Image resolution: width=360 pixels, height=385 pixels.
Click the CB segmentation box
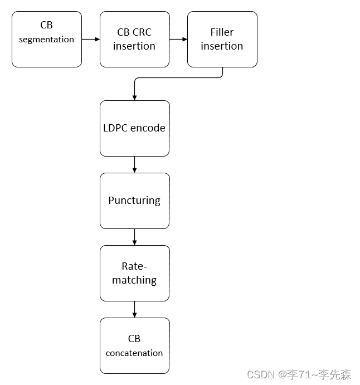click(x=47, y=39)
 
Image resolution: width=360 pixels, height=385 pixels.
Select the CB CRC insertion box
click(x=134, y=39)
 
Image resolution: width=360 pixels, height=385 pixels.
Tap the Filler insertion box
click(x=222, y=39)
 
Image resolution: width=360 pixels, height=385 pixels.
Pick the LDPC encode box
click(x=134, y=128)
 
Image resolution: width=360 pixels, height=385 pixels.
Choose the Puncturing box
click(x=134, y=201)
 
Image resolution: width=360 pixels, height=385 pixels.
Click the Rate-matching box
click(x=134, y=273)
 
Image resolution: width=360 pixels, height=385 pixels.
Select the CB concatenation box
click(x=134, y=345)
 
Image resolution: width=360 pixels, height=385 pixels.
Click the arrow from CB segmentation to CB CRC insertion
click(x=90, y=39)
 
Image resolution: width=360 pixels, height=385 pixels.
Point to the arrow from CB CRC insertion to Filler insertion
click(x=178, y=39)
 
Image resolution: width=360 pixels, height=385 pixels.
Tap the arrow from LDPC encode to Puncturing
click(x=134, y=164)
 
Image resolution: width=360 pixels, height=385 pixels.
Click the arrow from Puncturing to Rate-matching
click(x=134, y=237)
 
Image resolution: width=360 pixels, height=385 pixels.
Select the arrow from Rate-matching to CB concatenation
click(x=134, y=309)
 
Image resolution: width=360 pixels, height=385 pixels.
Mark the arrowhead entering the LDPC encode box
click(x=134, y=97)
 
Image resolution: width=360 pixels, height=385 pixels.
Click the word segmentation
click(x=47, y=40)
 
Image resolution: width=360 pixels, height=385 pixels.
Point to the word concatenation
click(x=134, y=353)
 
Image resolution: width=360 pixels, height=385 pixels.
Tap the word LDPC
click(x=116, y=128)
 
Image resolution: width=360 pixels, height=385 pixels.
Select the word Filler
click(x=222, y=32)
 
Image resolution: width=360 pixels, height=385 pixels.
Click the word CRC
click(x=142, y=32)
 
